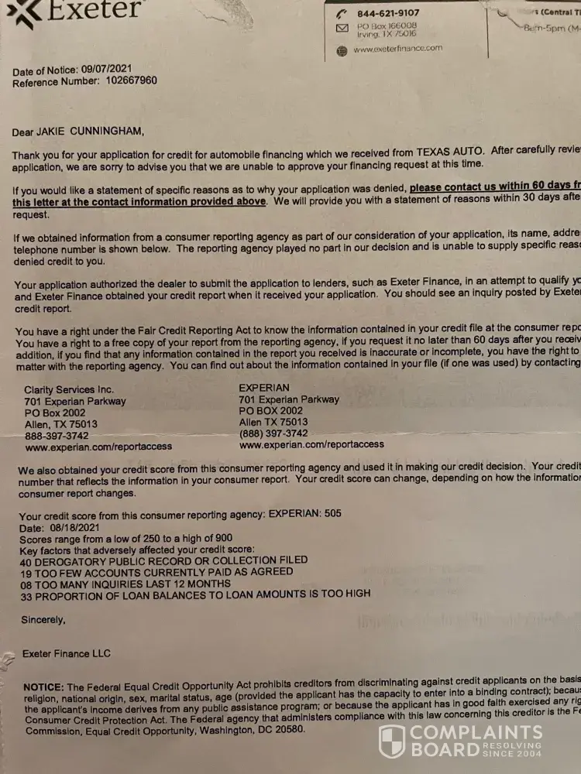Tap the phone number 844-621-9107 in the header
388,13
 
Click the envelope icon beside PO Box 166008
342,29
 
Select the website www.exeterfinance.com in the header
397,48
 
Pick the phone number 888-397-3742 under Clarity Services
57,436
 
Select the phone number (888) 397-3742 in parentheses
274,434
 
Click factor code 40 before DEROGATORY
26,560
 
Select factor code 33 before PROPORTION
27,594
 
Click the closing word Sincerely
43,620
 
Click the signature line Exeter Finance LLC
67,653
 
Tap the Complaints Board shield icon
392,741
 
